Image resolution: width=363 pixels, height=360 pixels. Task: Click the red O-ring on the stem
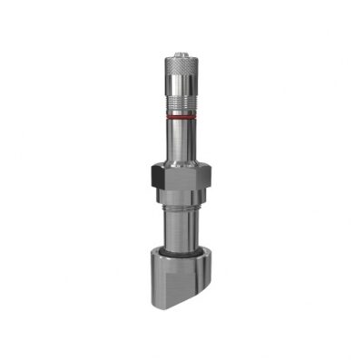tap(181, 117)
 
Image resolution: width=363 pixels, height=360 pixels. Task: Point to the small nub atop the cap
tap(181, 41)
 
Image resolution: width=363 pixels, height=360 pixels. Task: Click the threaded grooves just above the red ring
tap(181, 109)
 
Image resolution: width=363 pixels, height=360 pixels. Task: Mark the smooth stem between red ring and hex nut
tap(181, 141)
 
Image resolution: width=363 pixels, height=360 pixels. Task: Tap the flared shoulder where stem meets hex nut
tap(181, 161)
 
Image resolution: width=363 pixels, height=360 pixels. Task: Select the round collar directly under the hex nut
tap(181, 199)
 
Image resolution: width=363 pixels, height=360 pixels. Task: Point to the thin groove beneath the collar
tap(181, 209)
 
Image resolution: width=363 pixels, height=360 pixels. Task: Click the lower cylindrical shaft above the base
tap(181, 229)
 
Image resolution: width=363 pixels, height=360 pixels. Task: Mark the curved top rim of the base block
tap(181, 258)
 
